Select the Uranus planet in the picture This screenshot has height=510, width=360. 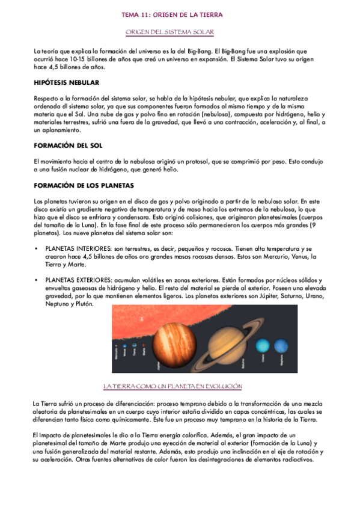pyautogui.click(x=263, y=346)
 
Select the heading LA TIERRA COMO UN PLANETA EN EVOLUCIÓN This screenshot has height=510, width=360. pyautogui.click(x=173, y=386)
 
